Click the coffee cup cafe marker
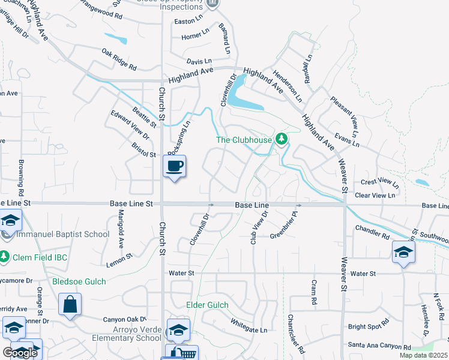[x=174, y=166]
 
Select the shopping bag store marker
[x=70, y=303]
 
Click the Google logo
[x=20, y=353]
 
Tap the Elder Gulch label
[x=207, y=305]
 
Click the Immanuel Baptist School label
[x=62, y=235]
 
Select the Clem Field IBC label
[x=41, y=257]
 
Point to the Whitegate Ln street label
[x=249, y=326]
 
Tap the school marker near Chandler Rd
[x=403, y=252]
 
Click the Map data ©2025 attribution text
[x=423, y=355]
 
